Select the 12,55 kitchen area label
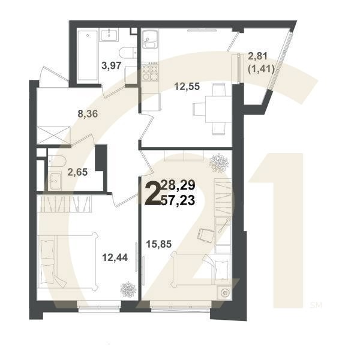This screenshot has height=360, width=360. point(187,85)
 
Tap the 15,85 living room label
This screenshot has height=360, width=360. point(159,244)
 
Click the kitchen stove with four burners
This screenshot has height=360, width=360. point(149,72)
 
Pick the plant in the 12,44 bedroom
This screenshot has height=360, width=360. point(127,289)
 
